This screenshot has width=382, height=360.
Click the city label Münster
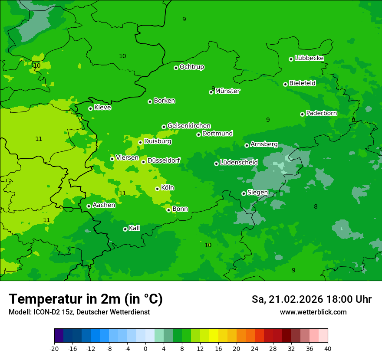point(227,91)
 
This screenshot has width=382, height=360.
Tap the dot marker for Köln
point(157,189)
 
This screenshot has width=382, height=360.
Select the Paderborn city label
point(322,113)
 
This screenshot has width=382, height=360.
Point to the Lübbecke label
point(309,58)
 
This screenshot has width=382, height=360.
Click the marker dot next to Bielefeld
point(285,84)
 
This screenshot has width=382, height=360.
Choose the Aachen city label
point(104,205)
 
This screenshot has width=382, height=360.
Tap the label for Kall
point(135,228)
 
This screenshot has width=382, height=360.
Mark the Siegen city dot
point(244,193)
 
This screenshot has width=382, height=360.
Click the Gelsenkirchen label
point(189,126)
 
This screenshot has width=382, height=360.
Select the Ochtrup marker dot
point(176,68)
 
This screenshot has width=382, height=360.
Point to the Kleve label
point(103,108)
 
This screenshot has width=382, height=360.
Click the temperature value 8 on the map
point(316,207)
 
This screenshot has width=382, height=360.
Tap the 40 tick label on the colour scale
point(327,349)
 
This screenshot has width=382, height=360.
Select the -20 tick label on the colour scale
point(54,349)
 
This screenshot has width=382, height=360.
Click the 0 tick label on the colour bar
point(145,349)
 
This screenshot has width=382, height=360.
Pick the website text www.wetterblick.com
point(313,312)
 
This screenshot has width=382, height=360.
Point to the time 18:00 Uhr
point(350,299)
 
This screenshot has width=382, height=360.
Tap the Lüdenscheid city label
point(239,163)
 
